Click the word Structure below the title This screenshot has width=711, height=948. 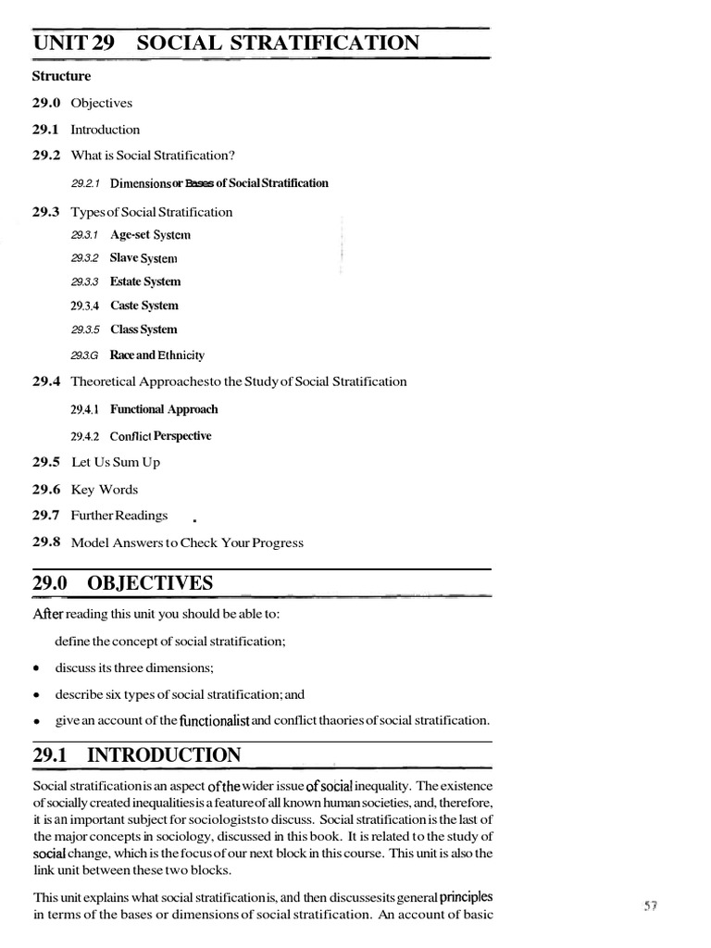point(62,76)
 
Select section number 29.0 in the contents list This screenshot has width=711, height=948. point(47,103)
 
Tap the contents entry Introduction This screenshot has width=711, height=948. point(106,130)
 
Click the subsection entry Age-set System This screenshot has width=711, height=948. point(150,235)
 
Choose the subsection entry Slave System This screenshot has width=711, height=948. point(143,258)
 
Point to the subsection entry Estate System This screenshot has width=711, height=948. point(145,281)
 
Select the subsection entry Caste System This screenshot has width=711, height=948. point(144,306)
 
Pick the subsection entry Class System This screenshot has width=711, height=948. point(143,330)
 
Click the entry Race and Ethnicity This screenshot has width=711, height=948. point(157,355)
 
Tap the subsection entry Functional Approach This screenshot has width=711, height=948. point(164,409)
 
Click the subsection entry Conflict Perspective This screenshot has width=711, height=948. point(161,436)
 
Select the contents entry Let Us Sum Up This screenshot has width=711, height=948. point(116,462)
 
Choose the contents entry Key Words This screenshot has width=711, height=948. point(105,489)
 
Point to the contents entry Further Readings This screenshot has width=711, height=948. point(119,515)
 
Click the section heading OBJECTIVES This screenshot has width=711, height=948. point(150,583)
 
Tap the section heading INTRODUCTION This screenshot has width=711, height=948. point(164,755)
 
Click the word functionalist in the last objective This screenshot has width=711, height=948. point(216,719)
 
